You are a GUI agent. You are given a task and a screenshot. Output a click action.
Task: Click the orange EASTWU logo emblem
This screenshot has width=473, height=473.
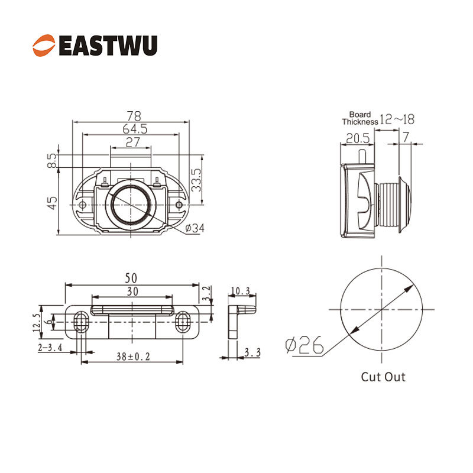coord(44,46)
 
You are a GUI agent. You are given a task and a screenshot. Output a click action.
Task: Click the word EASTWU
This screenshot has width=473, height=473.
coord(108,46)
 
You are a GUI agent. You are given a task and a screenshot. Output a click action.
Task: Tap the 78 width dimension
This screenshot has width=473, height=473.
coord(134,115)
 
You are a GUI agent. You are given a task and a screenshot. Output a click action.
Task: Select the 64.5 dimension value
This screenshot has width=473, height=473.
coord(135,129)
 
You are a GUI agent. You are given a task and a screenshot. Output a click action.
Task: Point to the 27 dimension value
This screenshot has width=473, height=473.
coord(132,142)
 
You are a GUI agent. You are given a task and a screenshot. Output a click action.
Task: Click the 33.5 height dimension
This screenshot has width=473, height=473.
coord(196,180)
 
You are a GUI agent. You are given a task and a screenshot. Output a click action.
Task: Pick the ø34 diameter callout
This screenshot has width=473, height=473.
coord(195,228)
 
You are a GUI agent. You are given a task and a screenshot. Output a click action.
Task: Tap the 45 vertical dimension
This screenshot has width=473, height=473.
coord(52,203)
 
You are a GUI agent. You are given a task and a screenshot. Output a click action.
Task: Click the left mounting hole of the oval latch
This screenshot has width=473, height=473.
coord(82,205)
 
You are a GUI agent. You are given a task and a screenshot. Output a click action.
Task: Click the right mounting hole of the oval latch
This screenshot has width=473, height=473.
coord(179,205)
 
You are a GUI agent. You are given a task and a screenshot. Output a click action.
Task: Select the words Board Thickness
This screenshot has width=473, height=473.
coord(360,118)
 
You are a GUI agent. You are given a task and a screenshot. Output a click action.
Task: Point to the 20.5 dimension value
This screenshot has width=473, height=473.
coord(358,138)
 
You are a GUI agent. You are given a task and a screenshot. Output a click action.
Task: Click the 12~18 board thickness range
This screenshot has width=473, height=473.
coord(397,119)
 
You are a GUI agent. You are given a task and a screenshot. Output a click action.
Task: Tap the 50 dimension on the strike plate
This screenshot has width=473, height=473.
coord(131,278)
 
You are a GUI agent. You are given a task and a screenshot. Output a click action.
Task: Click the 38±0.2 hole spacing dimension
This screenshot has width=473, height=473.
coord(133,357)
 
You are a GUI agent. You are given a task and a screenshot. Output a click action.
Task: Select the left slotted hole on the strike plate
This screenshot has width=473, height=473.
coord(80,322)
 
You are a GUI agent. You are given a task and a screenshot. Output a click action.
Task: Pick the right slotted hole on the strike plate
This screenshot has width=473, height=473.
coord(183,322)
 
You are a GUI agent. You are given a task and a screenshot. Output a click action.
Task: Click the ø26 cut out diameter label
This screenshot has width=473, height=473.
coord(304,345)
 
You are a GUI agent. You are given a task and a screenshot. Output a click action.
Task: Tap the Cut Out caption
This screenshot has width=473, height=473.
coord(383,377)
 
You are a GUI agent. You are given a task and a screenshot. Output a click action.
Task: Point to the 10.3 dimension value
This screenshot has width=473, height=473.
coord(241,291)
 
